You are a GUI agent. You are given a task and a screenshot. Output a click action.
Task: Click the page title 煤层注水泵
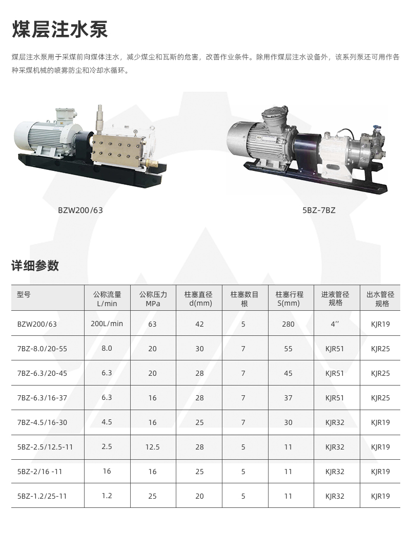pos(60,29)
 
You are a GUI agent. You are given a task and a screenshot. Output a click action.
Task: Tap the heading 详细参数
pos(35,265)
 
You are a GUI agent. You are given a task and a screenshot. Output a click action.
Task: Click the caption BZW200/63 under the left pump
pos(80,210)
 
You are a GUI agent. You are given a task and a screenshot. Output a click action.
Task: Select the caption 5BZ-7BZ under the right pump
pos(319,210)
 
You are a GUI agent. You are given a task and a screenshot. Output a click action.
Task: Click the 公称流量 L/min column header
pos(107,298)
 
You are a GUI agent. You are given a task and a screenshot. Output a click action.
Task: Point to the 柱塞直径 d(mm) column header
pos(198,298)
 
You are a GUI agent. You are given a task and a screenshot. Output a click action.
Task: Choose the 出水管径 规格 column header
pos(380,298)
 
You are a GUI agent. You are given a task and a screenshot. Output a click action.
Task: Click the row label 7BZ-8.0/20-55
pos(42,349)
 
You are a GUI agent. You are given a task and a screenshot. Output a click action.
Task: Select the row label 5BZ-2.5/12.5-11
pos(45,447)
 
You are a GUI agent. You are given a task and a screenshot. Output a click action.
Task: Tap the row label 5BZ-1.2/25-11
pos(42,496)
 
